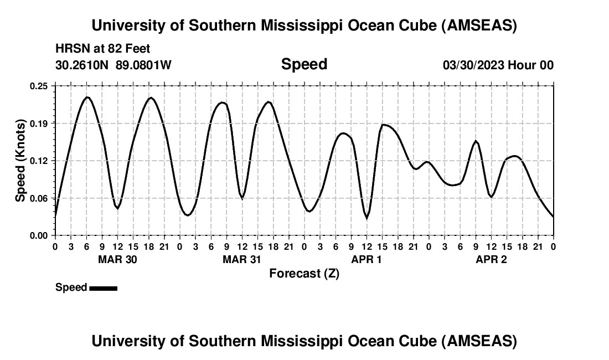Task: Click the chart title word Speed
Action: coord(304,64)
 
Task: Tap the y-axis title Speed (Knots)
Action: coord(20,160)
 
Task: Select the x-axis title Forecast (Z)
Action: coord(304,273)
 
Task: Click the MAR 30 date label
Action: coord(117,259)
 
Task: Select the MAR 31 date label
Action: coord(242,259)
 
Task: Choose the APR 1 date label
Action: coord(367,259)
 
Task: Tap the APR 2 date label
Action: coord(491,259)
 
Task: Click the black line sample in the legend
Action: coord(103,288)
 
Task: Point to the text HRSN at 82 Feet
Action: coord(103,49)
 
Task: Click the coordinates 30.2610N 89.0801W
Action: coord(113,65)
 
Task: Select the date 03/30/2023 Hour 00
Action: coord(498,65)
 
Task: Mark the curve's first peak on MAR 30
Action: coord(87,97)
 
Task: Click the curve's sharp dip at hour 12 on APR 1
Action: coord(367,218)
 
